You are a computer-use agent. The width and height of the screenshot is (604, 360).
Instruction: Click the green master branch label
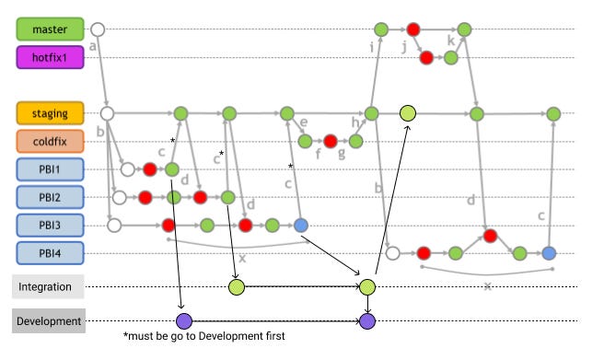pos(51,29)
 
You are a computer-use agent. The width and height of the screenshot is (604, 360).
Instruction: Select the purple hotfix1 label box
pos(51,58)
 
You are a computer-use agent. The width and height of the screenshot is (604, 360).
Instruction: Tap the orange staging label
pos(51,113)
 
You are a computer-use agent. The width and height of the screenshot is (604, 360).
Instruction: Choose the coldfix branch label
pos(51,142)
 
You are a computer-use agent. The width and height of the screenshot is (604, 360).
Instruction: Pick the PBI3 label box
pos(51,225)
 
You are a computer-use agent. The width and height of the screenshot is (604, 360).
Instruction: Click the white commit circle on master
pos(98,29)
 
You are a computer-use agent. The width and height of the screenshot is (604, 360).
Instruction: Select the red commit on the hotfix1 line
pos(426,58)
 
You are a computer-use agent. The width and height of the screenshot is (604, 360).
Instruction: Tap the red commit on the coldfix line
pos(330,142)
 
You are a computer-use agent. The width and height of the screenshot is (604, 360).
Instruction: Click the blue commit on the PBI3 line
pos(300,225)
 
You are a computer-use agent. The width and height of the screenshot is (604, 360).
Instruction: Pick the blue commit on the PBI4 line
pos(549,252)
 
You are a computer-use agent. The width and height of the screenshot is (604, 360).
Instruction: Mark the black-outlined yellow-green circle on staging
pos(408,113)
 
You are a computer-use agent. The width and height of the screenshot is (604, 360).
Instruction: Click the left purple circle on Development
pos(183,321)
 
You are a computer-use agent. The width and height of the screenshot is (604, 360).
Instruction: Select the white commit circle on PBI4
pos(393,252)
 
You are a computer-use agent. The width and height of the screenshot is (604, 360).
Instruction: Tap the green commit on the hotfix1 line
pos(451,58)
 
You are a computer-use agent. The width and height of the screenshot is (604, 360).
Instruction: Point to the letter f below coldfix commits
pos(317,155)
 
